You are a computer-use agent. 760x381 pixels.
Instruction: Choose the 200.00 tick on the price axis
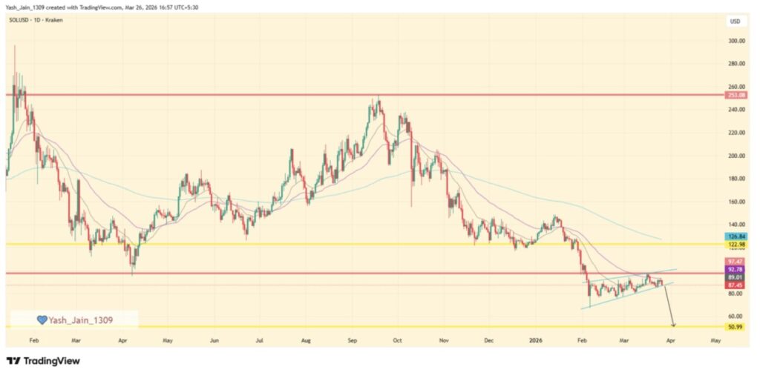click(736, 156)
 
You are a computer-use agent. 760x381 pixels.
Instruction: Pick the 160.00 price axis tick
click(736, 202)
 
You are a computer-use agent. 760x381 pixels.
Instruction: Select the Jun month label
click(214, 341)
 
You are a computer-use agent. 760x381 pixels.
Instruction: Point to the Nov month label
click(445, 341)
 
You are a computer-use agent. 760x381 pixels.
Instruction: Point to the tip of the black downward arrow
click(674, 326)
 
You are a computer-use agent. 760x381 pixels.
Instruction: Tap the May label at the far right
click(715, 341)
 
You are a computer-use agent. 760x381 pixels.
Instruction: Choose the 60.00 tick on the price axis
click(736, 317)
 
